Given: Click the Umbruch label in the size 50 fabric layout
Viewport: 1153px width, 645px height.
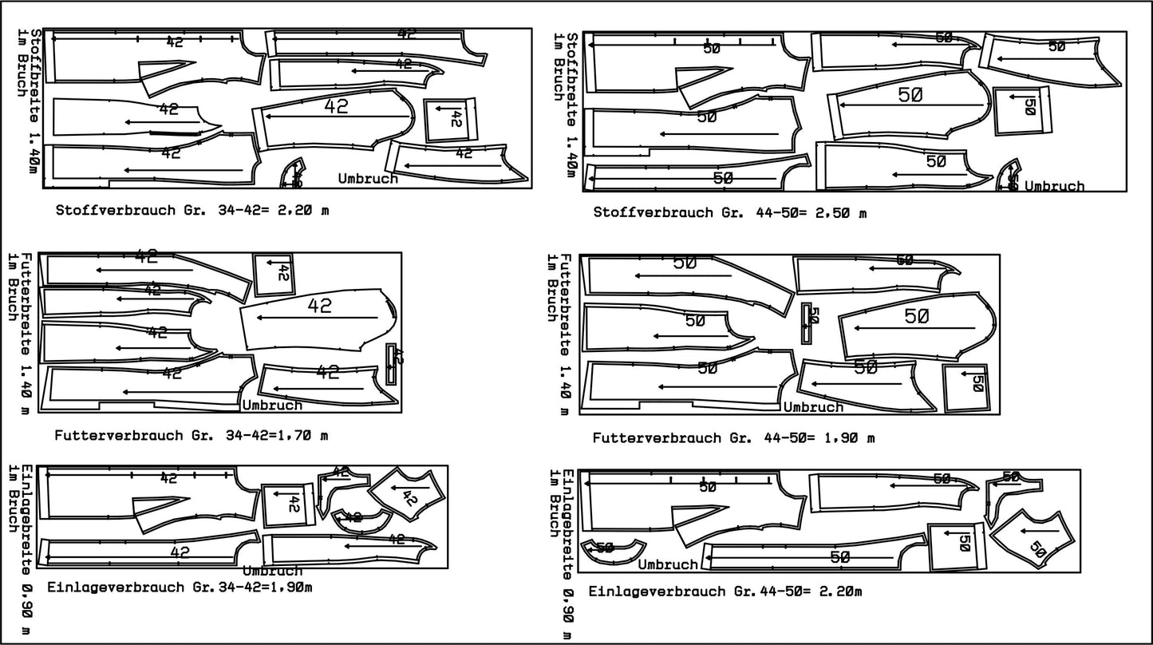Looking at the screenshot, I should [1054, 187].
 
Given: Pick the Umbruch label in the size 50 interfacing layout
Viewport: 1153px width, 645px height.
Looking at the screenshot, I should [668, 564].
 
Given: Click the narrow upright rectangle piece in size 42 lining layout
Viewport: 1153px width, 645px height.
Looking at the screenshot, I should [391, 364].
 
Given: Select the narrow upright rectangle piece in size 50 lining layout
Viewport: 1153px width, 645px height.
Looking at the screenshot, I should [807, 323].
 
